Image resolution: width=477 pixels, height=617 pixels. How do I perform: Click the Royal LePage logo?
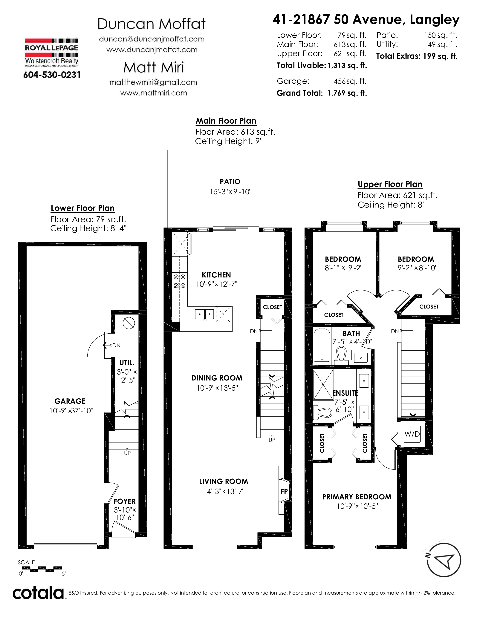coord(52,53)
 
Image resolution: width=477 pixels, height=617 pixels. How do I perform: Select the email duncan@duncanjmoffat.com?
coord(152,39)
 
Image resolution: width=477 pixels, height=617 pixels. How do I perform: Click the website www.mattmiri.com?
coord(153,93)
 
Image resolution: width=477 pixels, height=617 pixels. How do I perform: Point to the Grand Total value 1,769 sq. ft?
coord(347,93)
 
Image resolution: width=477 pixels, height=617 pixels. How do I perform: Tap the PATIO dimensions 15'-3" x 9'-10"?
coord(231,192)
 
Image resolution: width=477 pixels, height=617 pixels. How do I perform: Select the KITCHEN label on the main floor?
coord(216,275)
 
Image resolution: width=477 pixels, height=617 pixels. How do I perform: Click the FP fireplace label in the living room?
coord(284,492)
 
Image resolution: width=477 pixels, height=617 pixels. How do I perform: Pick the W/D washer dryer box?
coord(412,434)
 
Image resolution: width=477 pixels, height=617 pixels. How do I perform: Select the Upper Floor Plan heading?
coord(390,184)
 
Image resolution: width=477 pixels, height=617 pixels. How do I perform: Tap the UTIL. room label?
coord(127,363)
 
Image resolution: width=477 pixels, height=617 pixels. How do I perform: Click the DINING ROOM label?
coord(217,378)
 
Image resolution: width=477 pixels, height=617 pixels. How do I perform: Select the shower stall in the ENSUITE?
coord(323,385)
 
